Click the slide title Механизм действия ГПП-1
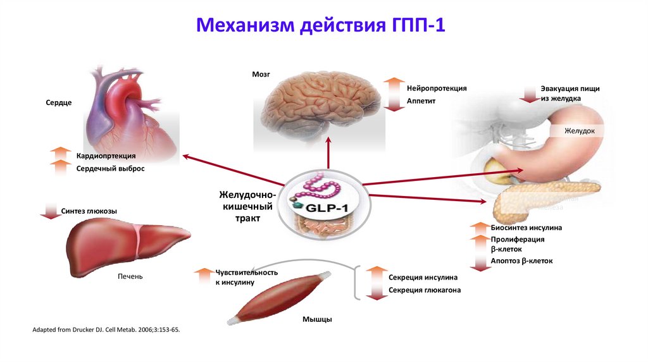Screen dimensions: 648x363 pyautogui.click(x=323, y=27)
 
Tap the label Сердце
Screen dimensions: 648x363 pyautogui.click(x=59, y=102)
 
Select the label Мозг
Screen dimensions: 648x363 pyautogui.click(x=261, y=75)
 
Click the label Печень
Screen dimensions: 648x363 pyautogui.click(x=130, y=276)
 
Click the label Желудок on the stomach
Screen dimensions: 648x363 pyautogui.click(x=580, y=131)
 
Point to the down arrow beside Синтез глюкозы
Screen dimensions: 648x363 pyautogui.click(x=49, y=211)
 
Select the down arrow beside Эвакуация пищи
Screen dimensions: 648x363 pyautogui.click(x=528, y=94)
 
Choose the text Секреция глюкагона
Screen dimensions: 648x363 pyautogui.click(x=425, y=290)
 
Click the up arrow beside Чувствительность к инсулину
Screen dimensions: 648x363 pyautogui.click(x=204, y=276)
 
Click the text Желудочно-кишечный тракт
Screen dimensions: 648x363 pyautogui.click(x=245, y=206)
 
